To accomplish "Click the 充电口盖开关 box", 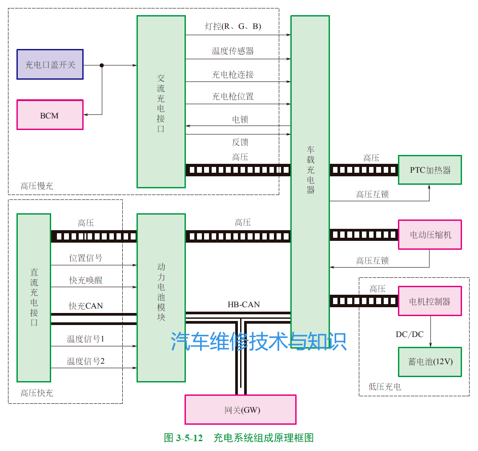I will click(50, 65).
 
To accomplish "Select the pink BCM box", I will click(50, 115).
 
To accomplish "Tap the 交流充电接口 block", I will click(161, 102).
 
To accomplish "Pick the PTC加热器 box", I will click(430, 170).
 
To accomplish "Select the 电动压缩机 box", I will click(430, 234).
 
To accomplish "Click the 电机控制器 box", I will click(430, 301).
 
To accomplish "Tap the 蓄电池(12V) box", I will click(430, 361).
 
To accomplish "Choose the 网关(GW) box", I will click(240, 410).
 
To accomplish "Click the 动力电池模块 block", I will click(161, 297).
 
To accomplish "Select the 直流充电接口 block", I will click(34, 297).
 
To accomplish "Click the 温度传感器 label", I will click(233, 51).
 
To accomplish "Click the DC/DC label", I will click(410, 334).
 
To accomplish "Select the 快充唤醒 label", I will click(85, 280).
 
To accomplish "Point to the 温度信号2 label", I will click(85, 361).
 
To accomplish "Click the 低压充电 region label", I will click(385, 387).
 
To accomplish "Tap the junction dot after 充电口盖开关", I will click(102, 65).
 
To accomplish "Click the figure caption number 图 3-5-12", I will click(183, 438).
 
